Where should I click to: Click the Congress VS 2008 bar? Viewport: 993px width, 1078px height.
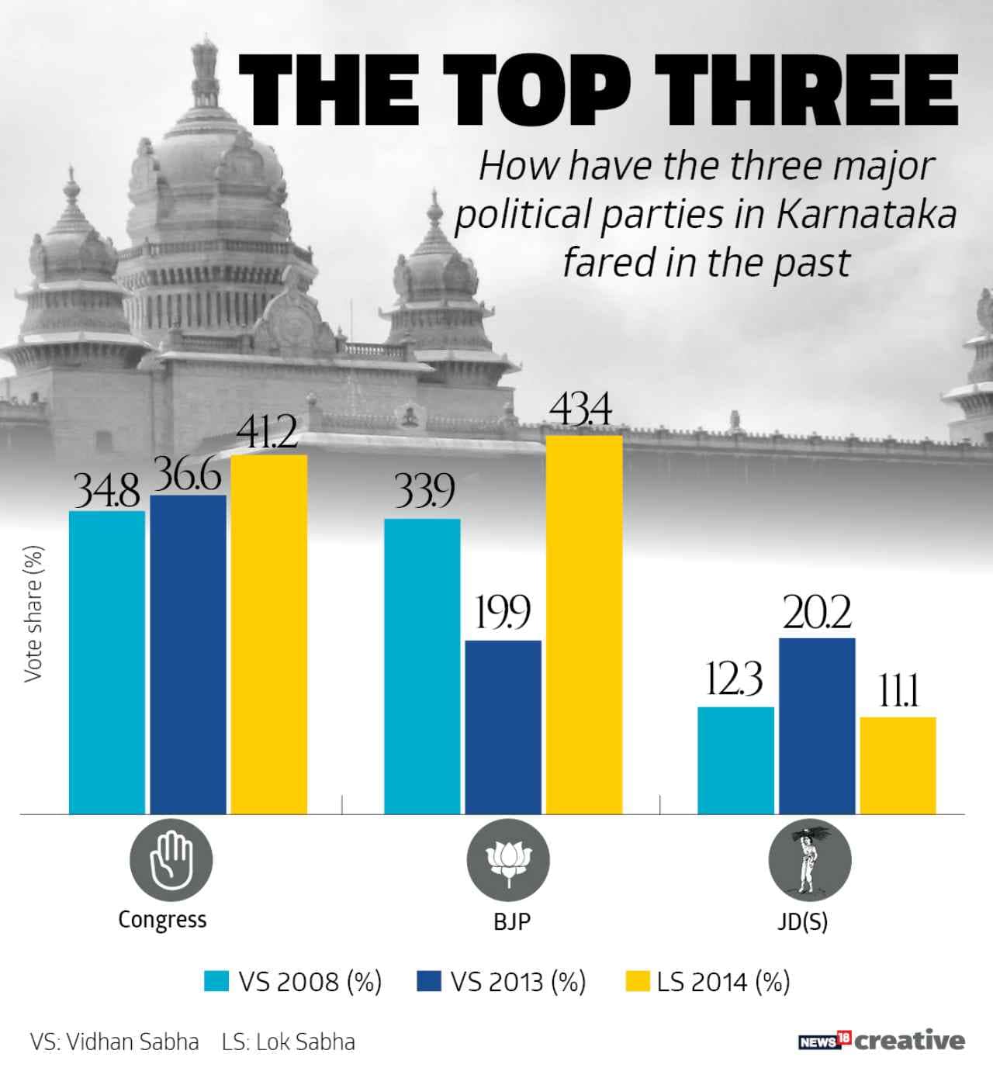(107, 662)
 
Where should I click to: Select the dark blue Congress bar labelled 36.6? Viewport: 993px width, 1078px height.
(189, 655)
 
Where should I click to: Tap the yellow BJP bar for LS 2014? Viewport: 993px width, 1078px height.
(583, 624)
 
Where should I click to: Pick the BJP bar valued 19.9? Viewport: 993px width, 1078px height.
(503, 727)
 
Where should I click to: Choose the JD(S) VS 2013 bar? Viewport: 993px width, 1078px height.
(817, 726)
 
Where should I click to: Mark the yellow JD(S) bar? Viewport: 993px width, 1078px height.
(898, 765)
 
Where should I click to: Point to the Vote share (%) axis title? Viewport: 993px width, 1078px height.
(33, 614)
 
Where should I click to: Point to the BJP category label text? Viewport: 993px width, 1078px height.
(512, 922)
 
